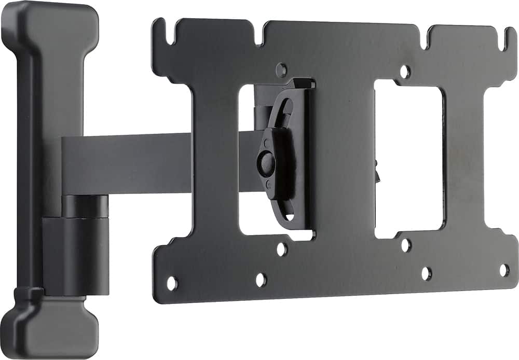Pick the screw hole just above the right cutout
tap(405, 72)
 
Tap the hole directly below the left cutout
tap(282, 250)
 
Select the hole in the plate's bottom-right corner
tap(503, 270)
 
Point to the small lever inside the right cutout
tap(377, 171)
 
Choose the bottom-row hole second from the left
tap(261, 280)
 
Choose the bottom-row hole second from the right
tap(426, 273)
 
